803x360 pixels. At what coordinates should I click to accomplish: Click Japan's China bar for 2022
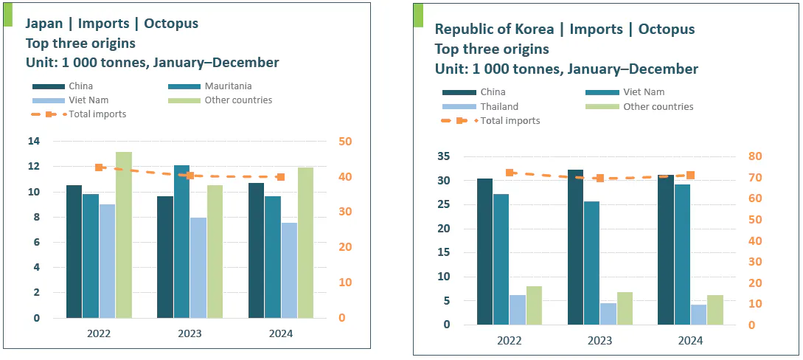click(74, 252)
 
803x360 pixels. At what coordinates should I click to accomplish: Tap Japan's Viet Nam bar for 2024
click(289, 270)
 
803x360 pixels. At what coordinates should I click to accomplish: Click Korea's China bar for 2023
click(575, 247)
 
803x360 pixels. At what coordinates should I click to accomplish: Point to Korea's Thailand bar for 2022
click(518, 310)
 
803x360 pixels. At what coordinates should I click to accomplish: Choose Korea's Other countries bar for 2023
click(625, 308)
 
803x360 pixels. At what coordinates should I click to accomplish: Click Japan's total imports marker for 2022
click(99, 167)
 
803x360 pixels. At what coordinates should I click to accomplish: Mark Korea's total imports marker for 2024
click(690, 175)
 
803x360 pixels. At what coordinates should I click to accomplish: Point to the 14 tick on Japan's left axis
click(35, 141)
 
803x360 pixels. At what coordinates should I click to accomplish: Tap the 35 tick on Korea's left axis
click(442, 156)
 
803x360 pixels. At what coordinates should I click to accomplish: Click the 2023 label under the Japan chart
click(190, 333)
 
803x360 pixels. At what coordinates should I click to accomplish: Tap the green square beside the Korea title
click(417, 15)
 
